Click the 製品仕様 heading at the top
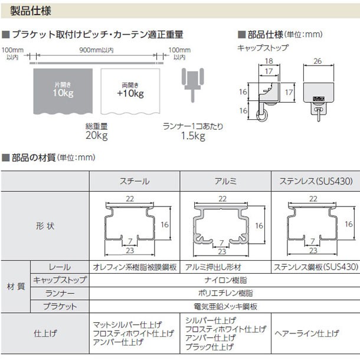tap(31, 11)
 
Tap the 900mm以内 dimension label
tap(96, 50)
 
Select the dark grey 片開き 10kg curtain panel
tap(63, 91)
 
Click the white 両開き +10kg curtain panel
tap(130, 91)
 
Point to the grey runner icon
tap(192, 84)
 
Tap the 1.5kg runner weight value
tap(193, 136)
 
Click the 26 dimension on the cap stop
tap(318, 61)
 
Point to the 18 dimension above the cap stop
tap(269, 61)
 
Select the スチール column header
tap(135, 181)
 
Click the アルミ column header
tap(225, 181)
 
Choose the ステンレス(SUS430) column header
tap(316, 181)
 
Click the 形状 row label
tap(45, 226)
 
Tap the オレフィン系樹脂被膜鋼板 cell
tap(135, 267)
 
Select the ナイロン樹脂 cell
tap(225, 280)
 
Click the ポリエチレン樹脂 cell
tap(225, 293)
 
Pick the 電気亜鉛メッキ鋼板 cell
tap(225, 306)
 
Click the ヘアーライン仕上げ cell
tap(307, 333)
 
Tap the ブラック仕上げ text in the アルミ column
tap(210, 346)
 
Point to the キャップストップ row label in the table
tap(60, 280)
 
